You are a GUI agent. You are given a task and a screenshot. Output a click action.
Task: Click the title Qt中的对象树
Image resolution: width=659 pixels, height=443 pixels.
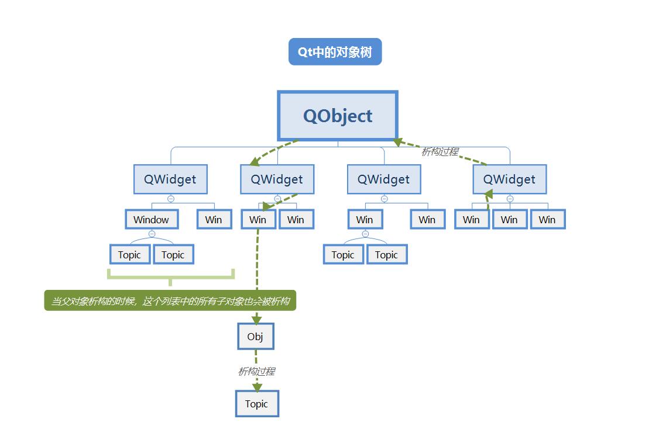[x=335, y=52]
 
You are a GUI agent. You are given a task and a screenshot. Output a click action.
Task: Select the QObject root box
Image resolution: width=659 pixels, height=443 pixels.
[x=338, y=116]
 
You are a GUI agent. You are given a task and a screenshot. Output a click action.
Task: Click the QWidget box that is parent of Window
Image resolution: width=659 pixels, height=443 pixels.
[x=170, y=179]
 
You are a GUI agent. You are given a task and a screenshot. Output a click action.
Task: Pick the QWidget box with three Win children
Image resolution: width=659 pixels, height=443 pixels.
[x=509, y=179]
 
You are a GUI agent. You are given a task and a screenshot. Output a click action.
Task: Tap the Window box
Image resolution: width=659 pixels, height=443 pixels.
[x=151, y=220]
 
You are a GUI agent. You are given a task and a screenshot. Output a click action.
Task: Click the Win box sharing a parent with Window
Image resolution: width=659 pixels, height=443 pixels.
[x=214, y=220]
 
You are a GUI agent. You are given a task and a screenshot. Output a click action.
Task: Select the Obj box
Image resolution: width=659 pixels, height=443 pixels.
[x=255, y=337]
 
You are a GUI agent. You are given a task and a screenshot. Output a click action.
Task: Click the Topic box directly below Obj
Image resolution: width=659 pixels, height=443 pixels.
[x=256, y=404]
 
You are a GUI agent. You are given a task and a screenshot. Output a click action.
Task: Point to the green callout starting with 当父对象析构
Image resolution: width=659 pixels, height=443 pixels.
[x=170, y=301]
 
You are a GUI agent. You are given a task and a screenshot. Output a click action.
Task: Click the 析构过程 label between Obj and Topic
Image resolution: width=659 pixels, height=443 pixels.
[x=256, y=371]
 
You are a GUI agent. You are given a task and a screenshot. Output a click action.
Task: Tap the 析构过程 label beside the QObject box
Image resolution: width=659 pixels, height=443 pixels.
[x=440, y=151]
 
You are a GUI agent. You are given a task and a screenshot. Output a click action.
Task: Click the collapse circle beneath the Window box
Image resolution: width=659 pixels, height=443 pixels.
[x=152, y=234]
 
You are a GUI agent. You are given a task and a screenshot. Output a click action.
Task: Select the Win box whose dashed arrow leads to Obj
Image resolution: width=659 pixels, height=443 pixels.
[x=258, y=220]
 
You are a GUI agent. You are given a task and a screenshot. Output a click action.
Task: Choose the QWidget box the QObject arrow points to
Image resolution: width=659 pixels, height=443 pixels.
[x=277, y=179]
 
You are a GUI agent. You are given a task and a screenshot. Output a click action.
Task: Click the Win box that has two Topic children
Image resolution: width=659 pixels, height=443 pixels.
[x=365, y=220]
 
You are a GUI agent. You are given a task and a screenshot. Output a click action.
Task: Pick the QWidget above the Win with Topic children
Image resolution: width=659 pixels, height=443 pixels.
[x=384, y=179]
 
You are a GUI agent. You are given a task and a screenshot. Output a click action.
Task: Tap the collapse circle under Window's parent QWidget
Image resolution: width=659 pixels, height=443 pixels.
[x=171, y=199]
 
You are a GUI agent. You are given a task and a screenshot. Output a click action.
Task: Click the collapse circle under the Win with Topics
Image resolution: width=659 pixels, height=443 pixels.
[x=365, y=234]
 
